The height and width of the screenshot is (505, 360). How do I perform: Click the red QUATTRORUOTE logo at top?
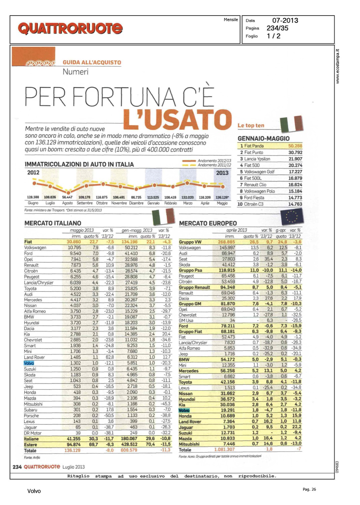[70, 29]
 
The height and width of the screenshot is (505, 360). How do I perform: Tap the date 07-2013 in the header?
[285, 21]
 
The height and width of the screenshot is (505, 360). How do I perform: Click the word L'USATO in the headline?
[177, 120]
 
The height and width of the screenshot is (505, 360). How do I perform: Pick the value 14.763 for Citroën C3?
[295, 204]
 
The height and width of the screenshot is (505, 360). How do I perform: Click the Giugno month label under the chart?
[33, 203]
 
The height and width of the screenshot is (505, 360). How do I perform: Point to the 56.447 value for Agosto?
[67, 197]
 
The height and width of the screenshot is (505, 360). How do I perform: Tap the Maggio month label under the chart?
[222, 203]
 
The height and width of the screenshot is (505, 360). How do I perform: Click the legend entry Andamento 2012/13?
[214, 161]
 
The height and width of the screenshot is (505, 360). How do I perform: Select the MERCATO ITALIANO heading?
[53, 223]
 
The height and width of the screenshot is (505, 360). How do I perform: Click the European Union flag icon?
[292, 216]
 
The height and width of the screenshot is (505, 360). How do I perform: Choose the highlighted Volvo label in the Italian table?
[29, 363]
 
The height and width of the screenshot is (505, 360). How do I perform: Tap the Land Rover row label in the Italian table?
[34, 358]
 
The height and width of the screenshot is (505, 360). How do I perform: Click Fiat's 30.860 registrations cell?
[74, 242]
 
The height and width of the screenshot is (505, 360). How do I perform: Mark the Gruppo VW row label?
[190, 242]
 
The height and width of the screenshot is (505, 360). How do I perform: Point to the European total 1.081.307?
[225, 449]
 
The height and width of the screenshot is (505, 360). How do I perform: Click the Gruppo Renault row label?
[194, 288]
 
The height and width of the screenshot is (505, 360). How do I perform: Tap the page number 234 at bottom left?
[17, 467]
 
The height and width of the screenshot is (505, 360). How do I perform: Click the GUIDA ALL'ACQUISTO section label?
[92, 63]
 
